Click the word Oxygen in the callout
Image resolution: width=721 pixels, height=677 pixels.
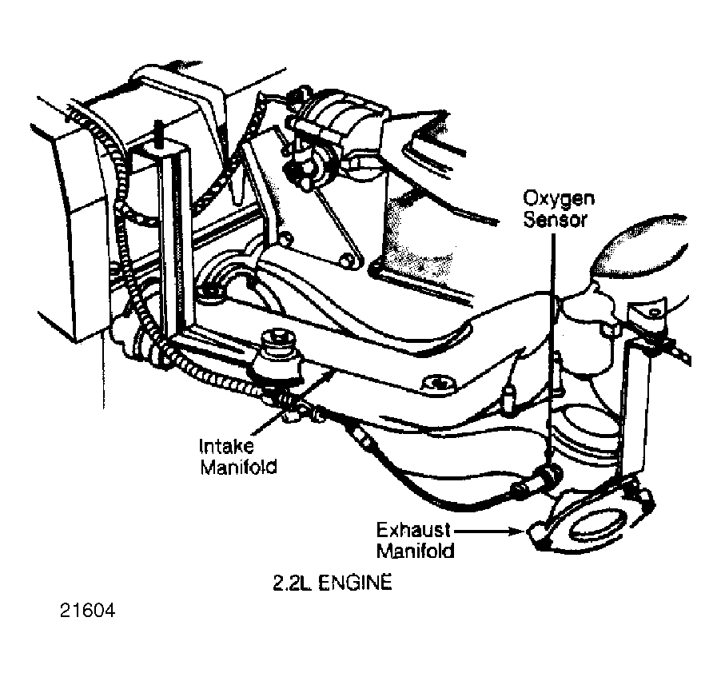559,199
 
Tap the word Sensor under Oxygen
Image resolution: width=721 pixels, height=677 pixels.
555,219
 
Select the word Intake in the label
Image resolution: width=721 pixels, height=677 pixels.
225,446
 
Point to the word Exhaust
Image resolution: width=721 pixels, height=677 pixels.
413,530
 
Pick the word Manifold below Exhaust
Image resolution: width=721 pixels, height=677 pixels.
415,551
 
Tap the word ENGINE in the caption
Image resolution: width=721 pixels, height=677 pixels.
355,583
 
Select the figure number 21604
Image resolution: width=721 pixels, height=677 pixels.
87,611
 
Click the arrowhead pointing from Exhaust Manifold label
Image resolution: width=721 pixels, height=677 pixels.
519,532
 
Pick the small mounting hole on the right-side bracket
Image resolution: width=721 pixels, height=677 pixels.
654,313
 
